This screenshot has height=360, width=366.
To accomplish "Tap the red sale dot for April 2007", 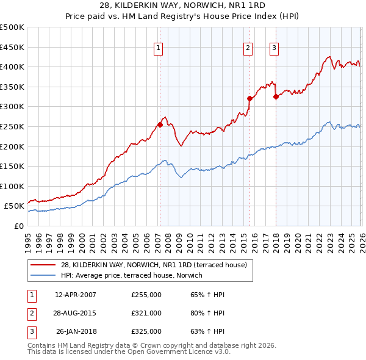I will [160, 124].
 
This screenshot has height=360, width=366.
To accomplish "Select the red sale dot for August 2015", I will [249, 98].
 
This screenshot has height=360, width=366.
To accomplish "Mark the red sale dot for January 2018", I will [276, 96].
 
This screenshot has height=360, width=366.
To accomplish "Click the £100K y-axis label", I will [12, 186].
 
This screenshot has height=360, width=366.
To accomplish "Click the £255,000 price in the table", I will [146, 295].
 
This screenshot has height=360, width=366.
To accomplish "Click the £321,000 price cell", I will [146, 313].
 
